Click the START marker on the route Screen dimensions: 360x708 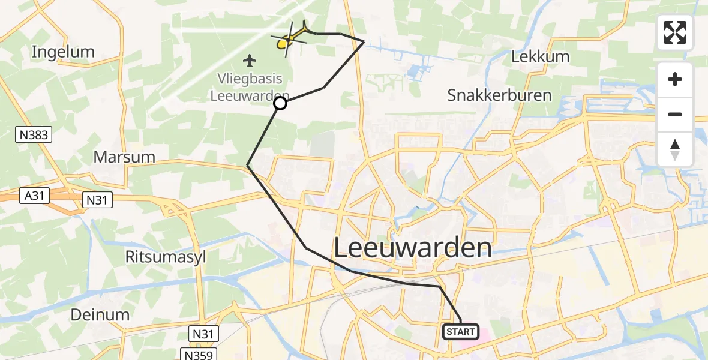click(x=461, y=332)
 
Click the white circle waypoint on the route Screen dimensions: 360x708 click(x=280, y=104)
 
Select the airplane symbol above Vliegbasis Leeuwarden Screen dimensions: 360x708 click(x=250, y=60)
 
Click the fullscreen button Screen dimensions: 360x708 click(x=675, y=32)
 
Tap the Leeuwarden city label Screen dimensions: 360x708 click(x=412, y=247)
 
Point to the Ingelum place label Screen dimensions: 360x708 click(x=63, y=52)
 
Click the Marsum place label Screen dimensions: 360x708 click(x=124, y=157)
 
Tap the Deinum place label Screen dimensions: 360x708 click(x=100, y=314)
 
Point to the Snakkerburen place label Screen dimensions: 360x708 click(x=491, y=95)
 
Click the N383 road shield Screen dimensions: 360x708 click(x=32, y=136)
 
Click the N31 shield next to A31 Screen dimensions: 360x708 click(x=96, y=200)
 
